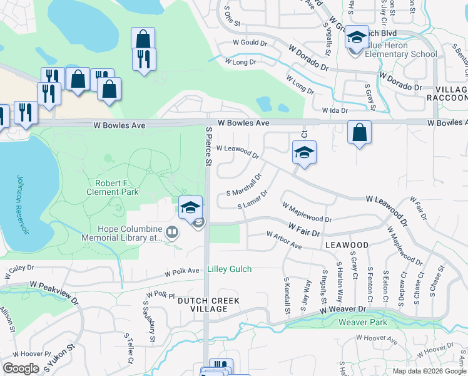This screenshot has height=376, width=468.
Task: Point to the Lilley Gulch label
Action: [229, 269]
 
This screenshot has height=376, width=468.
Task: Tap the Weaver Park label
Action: [362, 323]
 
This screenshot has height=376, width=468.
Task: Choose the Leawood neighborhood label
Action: [346, 245]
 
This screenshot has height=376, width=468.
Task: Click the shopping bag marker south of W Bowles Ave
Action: [360, 132]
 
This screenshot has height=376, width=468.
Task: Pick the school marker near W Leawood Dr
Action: [304, 152]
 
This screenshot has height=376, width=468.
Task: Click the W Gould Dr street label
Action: [250, 43]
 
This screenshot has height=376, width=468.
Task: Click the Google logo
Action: [21, 368]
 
